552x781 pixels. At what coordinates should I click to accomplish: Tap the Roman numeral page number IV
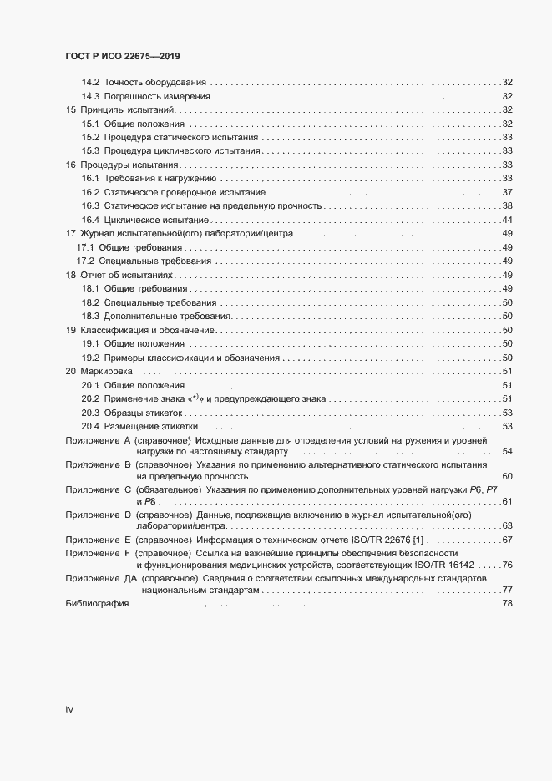point(69,710)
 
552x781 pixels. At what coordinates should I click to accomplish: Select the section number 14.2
point(90,82)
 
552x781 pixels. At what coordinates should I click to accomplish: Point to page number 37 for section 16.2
point(506,193)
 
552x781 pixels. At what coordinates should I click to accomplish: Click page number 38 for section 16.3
point(506,206)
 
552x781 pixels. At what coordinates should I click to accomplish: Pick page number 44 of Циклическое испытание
point(506,220)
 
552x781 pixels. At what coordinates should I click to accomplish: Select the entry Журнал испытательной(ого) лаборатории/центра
point(185,234)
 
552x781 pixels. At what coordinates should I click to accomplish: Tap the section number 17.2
point(86,261)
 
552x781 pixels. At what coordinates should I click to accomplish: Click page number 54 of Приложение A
point(506,452)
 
